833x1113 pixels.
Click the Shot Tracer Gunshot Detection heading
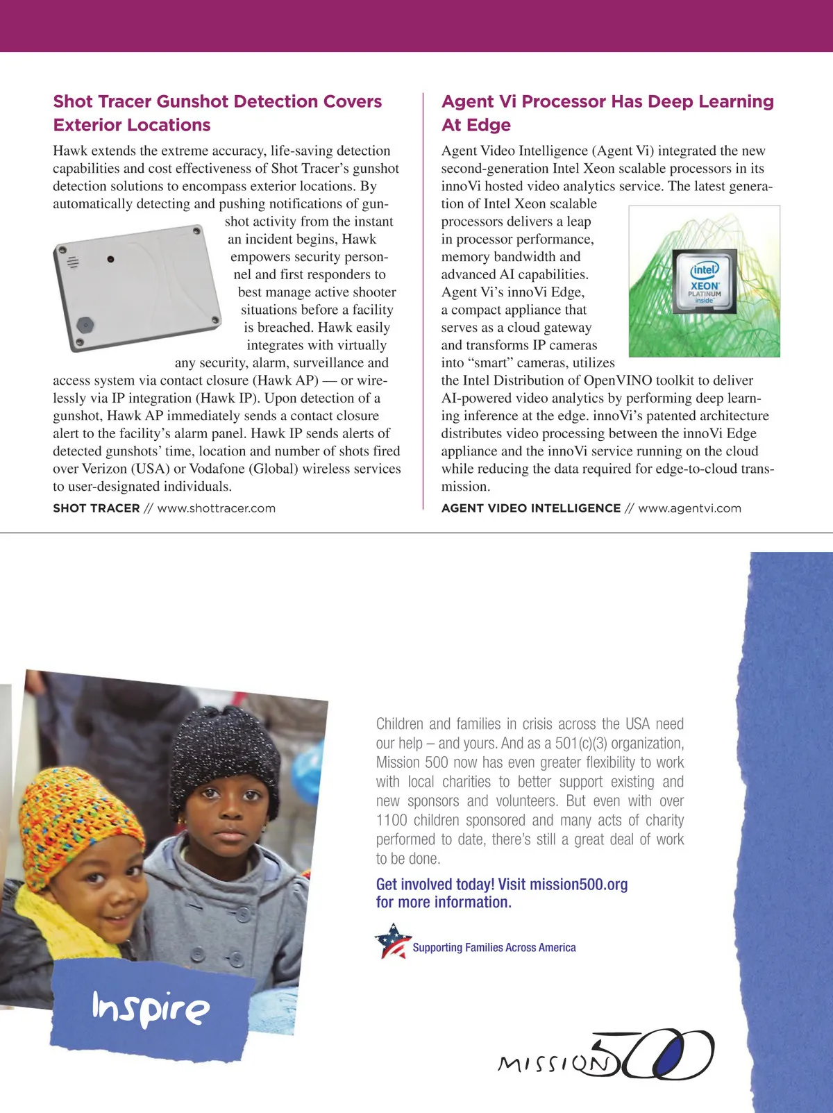(217, 112)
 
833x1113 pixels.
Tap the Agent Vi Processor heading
(607, 112)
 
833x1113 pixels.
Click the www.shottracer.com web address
(217, 508)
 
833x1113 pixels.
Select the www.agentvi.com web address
(689, 508)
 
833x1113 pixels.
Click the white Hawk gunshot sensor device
(137, 287)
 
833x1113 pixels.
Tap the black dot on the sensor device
(110, 260)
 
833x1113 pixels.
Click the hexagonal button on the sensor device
(85, 325)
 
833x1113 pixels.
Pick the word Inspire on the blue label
(151, 1009)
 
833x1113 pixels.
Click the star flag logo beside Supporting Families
(392, 941)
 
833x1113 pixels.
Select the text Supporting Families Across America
(494, 948)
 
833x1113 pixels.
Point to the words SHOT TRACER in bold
(96, 508)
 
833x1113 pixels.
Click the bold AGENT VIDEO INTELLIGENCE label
(531, 508)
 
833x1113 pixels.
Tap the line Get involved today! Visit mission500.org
(502, 885)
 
